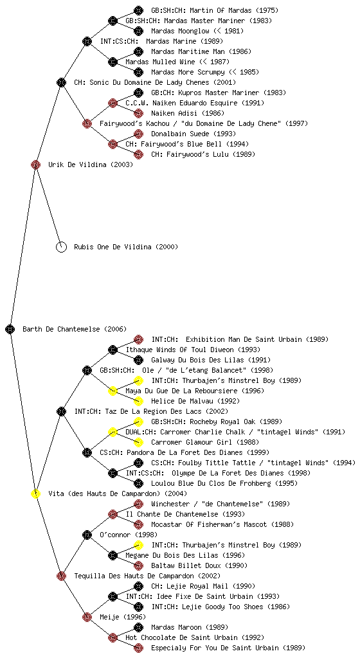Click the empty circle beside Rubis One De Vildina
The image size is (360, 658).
(61, 247)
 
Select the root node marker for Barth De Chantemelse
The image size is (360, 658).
(10, 329)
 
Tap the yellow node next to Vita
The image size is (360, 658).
(35, 493)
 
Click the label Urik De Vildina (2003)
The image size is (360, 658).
(91, 165)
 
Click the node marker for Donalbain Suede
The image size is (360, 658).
(138, 134)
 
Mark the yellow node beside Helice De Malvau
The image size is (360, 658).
(138, 401)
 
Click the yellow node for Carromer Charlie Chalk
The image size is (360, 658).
(113, 432)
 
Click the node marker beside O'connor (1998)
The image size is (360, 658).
(87, 535)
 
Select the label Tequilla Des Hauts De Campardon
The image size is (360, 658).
(134, 576)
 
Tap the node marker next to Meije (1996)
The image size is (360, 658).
(87, 617)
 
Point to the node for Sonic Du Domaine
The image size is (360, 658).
(61, 82)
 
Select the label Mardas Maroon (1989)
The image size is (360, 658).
(182, 627)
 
